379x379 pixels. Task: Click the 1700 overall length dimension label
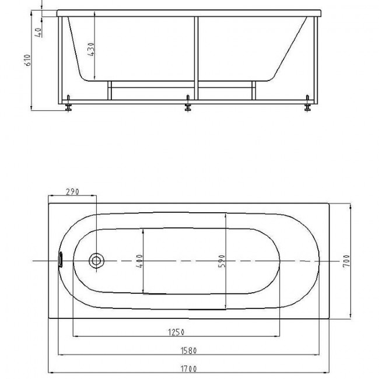point(189,369)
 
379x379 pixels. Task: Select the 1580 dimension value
point(189,350)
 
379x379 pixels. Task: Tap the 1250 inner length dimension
point(176,332)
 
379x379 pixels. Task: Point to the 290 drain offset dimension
point(72,192)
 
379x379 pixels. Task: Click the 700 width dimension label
point(346,261)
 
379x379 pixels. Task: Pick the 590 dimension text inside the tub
point(222,261)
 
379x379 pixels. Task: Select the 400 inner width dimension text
point(140,261)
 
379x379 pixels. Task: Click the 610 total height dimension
point(28,60)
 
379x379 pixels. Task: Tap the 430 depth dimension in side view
point(91,50)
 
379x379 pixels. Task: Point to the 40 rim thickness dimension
point(38,33)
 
